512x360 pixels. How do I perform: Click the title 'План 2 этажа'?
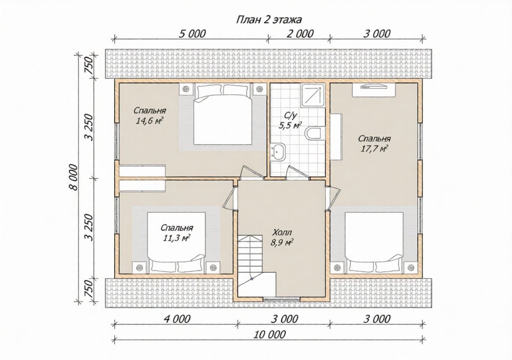[269, 20]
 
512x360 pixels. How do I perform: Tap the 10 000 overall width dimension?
[269, 334]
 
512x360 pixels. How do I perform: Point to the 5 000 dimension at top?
[192, 34]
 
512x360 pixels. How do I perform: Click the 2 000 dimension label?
[299, 34]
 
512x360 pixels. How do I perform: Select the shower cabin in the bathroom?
[313, 95]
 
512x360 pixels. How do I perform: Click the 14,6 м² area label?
[149, 121]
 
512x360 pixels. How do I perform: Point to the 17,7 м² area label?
[374, 149]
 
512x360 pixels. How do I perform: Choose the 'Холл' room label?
[282, 233]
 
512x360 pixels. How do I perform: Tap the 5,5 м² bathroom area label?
[290, 125]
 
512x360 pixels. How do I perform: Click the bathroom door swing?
[298, 173]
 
